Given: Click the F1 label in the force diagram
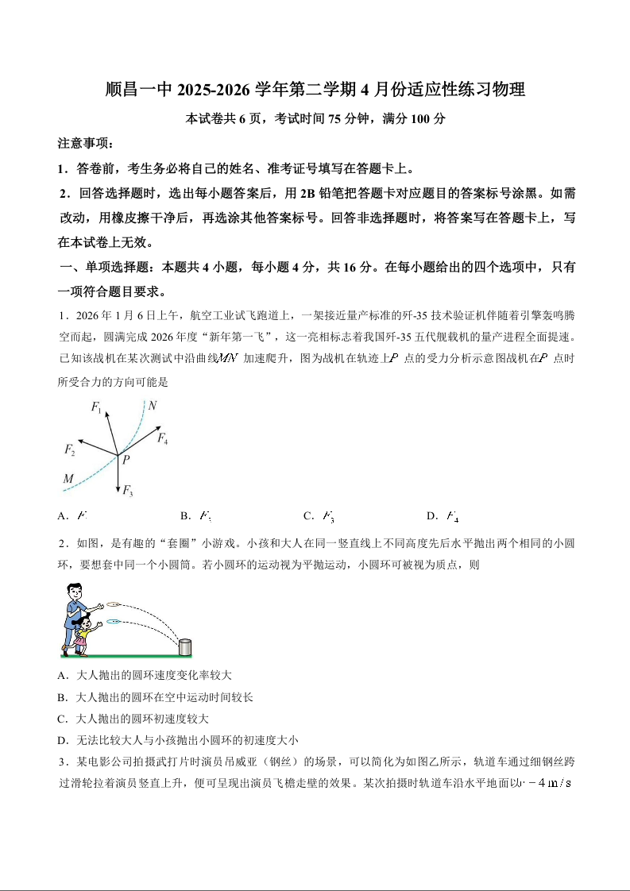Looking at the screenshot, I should click(96, 408).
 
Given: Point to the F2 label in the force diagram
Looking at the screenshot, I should click(69, 450).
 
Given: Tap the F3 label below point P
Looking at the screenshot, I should click(127, 492).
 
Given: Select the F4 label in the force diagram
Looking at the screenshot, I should click(162, 438).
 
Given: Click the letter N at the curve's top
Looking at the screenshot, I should click(152, 406).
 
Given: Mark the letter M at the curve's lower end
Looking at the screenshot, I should click(68, 479).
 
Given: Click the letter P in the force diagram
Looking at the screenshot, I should click(126, 458).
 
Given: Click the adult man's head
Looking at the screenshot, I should click(74, 592).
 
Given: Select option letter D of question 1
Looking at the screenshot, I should click(431, 516).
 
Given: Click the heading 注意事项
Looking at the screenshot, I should click(85, 144).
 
